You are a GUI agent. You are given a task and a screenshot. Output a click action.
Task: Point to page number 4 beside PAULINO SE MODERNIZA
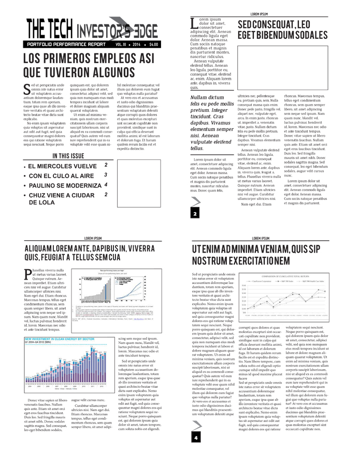(x=106, y=184)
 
